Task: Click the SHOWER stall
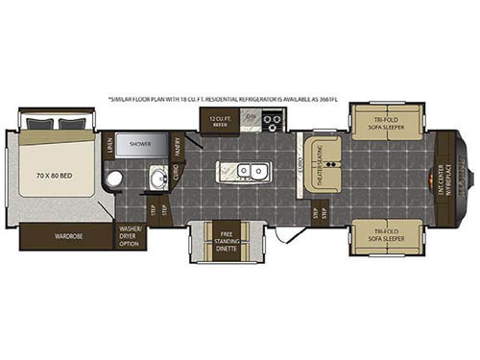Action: tap(155, 148)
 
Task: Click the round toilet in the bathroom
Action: tap(114, 178)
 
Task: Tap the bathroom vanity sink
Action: tap(159, 178)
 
